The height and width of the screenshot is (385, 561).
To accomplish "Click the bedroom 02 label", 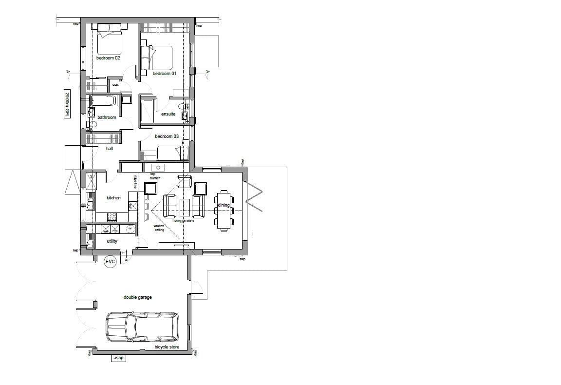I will [108, 58].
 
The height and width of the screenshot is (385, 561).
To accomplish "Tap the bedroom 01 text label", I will [164, 74].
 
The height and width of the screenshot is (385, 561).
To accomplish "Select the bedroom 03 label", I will [167, 136].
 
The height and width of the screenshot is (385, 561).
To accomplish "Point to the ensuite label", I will [168, 114].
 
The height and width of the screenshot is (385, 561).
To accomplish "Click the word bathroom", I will [107, 117].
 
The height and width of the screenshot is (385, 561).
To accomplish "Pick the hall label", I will [110, 149].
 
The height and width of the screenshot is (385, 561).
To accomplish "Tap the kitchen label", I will [113, 198].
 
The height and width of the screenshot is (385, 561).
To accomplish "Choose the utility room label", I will [112, 241].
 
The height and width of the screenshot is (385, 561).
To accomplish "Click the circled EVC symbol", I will [111, 262].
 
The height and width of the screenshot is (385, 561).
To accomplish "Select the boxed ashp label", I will [118, 358].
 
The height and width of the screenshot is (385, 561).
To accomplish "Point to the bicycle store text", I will [167, 347].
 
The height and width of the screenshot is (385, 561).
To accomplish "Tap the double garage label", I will [137, 297].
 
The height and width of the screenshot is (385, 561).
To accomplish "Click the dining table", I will [224, 210].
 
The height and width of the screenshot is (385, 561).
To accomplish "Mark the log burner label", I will [155, 175].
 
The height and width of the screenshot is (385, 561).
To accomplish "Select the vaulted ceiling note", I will [159, 228].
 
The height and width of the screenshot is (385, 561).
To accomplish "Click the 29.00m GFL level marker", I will [67, 104].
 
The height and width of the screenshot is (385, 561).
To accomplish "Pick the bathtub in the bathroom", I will [104, 100].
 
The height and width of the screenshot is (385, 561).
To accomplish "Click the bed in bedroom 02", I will [109, 42].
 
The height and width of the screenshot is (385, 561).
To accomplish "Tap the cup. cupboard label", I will [115, 85].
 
